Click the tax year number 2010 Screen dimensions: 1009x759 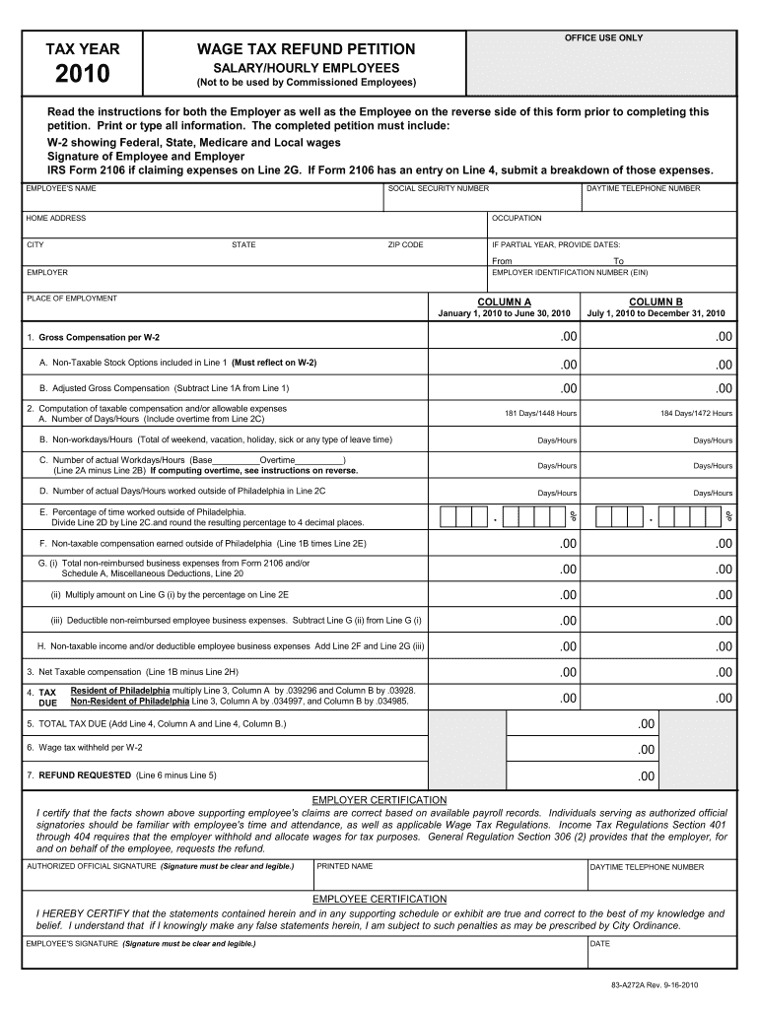[84, 75]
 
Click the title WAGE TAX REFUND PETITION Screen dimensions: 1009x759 [306, 49]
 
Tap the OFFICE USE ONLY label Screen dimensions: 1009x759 [603, 37]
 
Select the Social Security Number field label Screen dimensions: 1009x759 [439, 188]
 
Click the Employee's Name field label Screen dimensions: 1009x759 [61, 188]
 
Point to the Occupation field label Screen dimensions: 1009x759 [517, 218]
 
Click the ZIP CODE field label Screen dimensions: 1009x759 [405, 244]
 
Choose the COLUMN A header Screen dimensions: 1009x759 [504, 302]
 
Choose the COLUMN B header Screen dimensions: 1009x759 [655, 302]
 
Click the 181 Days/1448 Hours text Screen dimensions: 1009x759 [540, 413]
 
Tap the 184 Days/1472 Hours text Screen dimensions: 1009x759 [696, 413]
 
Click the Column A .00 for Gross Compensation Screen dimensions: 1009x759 [567, 337]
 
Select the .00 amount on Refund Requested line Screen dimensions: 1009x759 [646, 775]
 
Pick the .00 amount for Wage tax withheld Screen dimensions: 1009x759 [646, 750]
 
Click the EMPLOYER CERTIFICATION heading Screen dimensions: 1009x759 [379, 799]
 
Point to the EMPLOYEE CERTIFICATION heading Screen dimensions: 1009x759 [379, 899]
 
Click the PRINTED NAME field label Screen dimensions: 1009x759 [344, 866]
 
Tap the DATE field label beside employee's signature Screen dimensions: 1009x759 [599, 943]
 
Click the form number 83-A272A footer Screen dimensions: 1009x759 [654, 985]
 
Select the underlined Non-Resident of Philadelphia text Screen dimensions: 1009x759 [129, 702]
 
